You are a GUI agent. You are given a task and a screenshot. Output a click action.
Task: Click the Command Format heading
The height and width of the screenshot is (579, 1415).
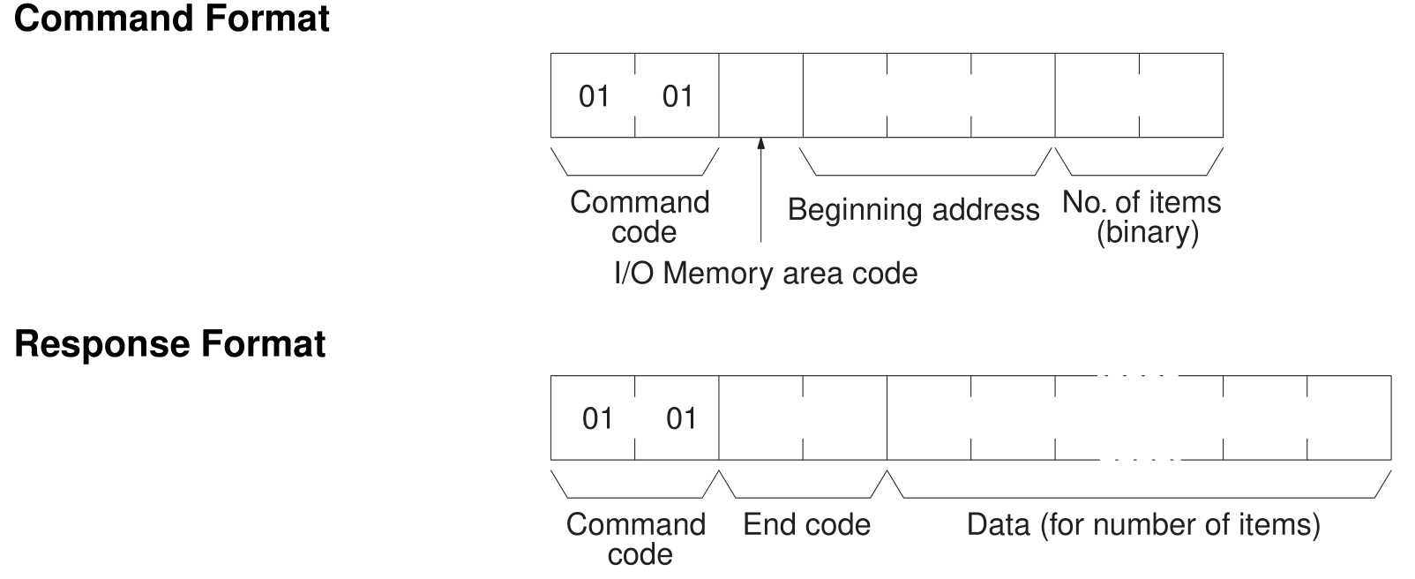coord(172,19)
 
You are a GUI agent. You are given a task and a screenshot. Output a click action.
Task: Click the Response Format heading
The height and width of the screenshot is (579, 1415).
coord(170,343)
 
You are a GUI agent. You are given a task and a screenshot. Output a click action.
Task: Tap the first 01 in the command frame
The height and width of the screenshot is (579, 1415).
coord(594,96)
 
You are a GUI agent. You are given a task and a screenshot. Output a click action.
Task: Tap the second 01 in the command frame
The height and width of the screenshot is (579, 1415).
coord(678,96)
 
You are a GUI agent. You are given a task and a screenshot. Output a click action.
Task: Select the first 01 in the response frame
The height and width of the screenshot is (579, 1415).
coord(597,418)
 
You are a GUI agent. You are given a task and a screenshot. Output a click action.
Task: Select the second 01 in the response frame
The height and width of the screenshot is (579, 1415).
coord(681,418)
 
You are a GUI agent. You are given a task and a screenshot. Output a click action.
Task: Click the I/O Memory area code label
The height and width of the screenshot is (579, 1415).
coord(765,274)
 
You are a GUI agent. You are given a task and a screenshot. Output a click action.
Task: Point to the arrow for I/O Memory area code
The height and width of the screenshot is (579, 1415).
coord(760,190)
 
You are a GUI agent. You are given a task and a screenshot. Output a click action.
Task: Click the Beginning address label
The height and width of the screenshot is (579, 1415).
coord(913,210)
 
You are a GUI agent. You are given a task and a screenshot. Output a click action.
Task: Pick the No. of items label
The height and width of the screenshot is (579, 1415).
coord(1141,203)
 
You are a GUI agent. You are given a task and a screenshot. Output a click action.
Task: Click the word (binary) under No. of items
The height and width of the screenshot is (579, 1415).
coord(1147,234)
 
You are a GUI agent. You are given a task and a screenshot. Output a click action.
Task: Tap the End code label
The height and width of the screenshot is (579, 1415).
coord(806,525)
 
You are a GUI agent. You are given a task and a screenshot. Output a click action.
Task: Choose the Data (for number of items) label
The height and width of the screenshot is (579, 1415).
coord(1143,525)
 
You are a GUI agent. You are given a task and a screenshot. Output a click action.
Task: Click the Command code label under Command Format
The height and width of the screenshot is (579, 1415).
coord(640,217)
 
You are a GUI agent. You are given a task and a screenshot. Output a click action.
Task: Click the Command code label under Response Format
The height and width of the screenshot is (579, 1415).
coord(636,539)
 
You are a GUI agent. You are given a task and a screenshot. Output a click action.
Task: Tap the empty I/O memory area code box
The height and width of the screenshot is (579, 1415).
coord(760,95)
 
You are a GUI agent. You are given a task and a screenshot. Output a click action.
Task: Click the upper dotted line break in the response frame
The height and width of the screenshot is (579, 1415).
coord(1139,376)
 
